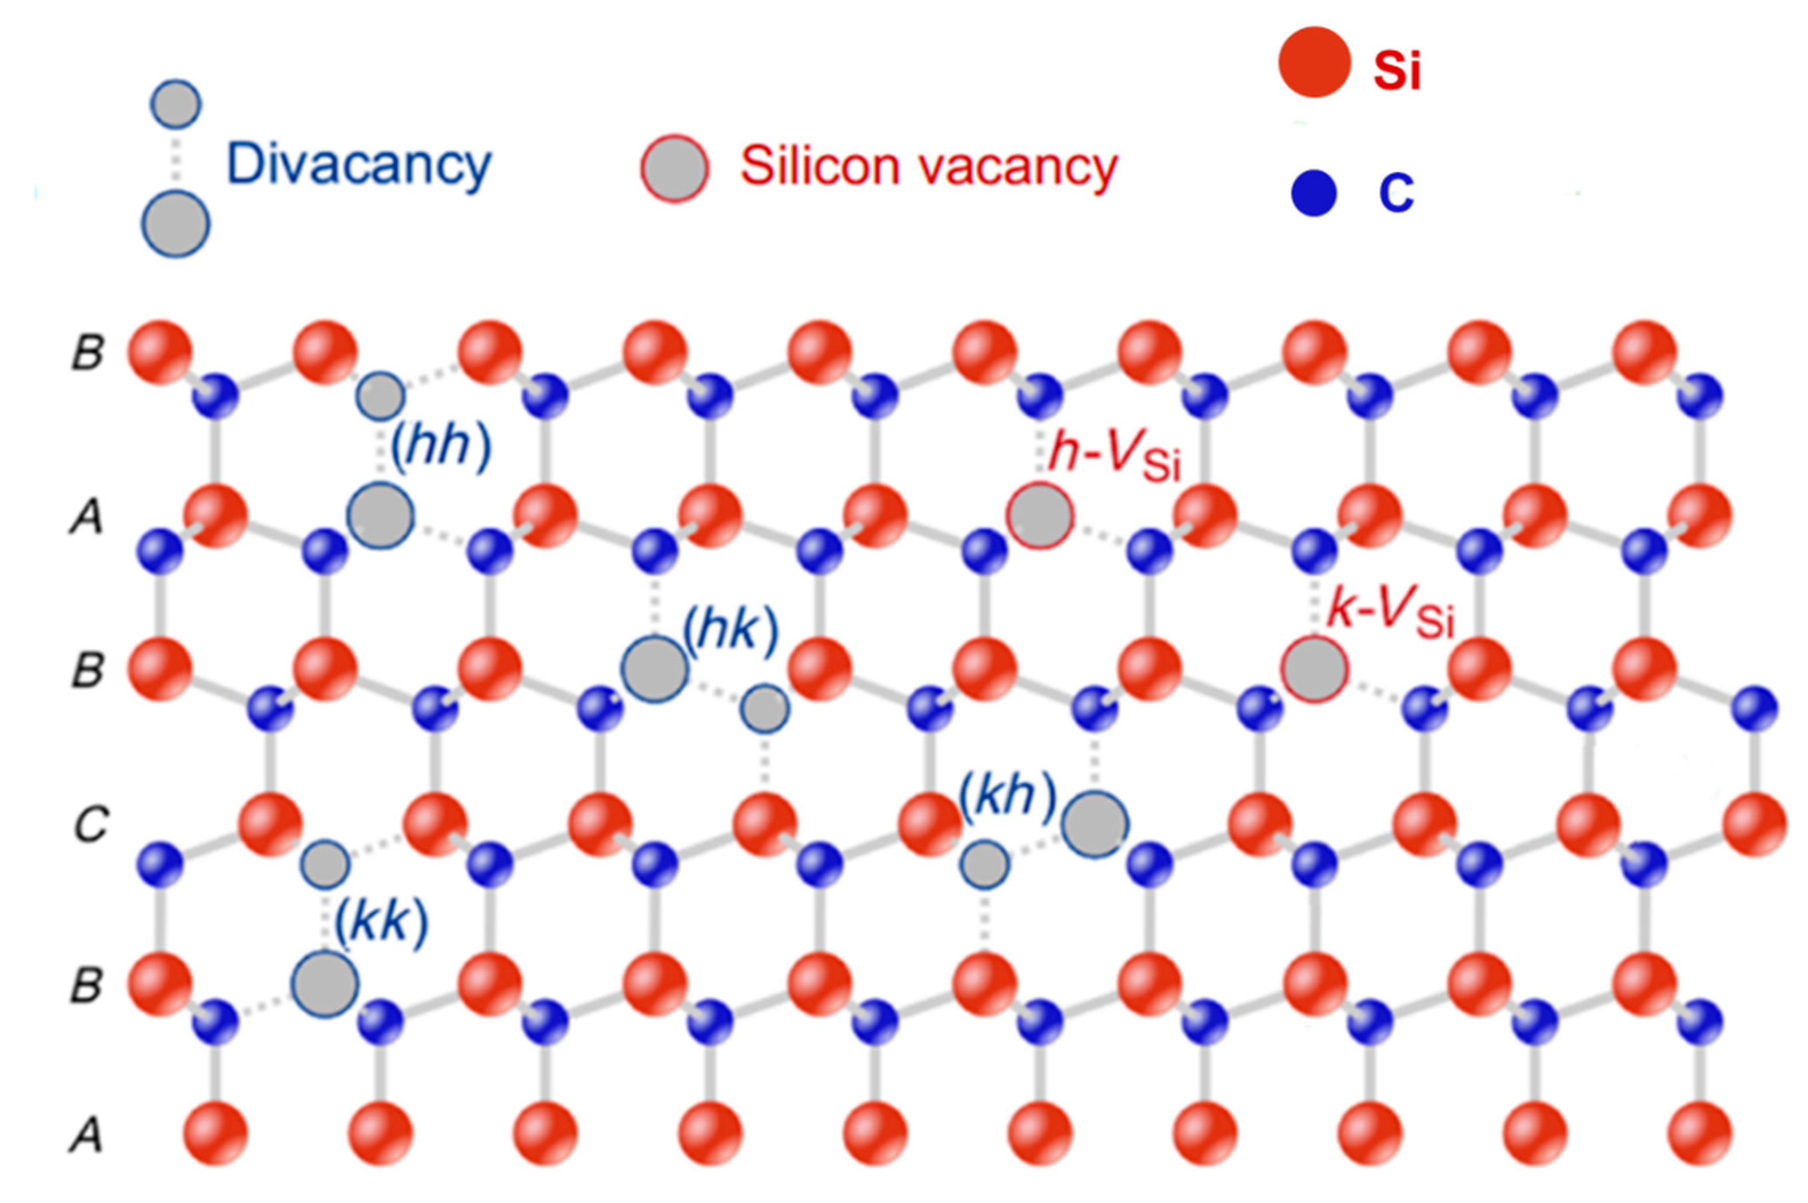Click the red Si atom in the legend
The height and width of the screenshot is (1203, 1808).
pyautogui.click(x=1314, y=62)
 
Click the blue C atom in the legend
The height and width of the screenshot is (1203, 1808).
pyautogui.click(x=1314, y=193)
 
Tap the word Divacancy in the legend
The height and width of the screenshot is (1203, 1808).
pyautogui.click(x=358, y=165)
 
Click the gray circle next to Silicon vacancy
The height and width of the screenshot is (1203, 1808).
pyautogui.click(x=674, y=169)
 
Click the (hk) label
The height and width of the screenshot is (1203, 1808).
pyautogui.click(x=730, y=631)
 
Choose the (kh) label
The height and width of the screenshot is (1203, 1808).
pyautogui.click(x=1008, y=796)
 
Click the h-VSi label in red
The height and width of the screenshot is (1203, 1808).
pyautogui.click(x=1113, y=454)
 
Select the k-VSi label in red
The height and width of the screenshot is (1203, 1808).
pyautogui.click(x=1390, y=613)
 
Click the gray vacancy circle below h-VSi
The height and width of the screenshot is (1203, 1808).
pyautogui.click(x=1040, y=515)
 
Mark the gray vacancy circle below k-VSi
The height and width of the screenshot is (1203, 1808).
pyautogui.click(x=1314, y=669)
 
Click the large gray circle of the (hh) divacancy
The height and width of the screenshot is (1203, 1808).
pyautogui.click(x=380, y=515)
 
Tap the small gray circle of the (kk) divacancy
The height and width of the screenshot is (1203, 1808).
pyautogui.click(x=325, y=864)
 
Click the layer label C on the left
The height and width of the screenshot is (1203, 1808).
pyautogui.click(x=90, y=825)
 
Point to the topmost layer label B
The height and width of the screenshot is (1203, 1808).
pyautogui.click(x=88, y=354)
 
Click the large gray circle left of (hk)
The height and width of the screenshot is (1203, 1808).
pyautogui.click(x=654, y=669)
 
